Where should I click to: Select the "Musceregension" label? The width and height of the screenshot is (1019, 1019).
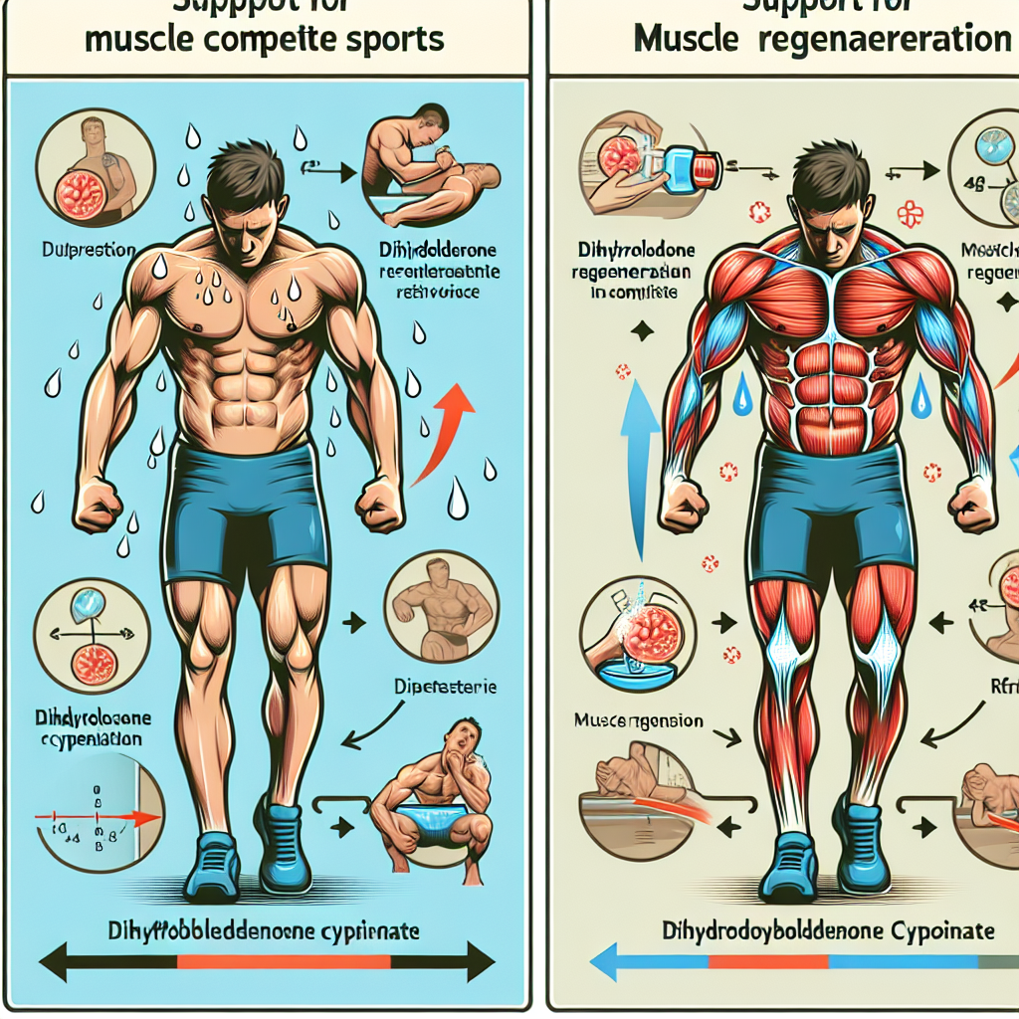pos(640,720)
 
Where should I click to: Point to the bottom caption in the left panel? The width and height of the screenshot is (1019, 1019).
pos(265,932)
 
